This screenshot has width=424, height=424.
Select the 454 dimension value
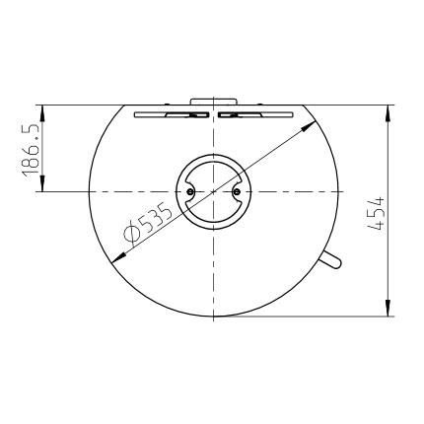point(376,213)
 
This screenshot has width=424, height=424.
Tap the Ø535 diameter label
point(148,226)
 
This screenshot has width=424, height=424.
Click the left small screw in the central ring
point(189,191)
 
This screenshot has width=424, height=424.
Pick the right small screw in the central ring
point(238,191)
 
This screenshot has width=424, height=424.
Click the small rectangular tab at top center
point(213,102)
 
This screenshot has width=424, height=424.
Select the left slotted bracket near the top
point(172,114)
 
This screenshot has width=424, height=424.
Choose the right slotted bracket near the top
point(255,114)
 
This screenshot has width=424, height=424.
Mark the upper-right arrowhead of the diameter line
point(309,125)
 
